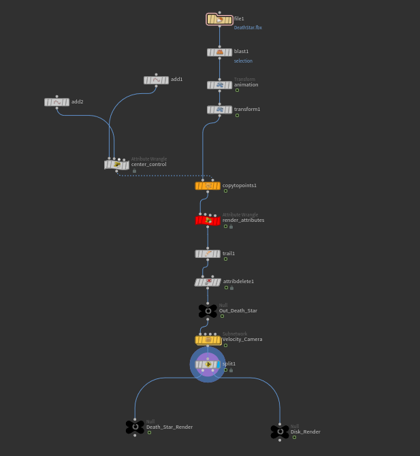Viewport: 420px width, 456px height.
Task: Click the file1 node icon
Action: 219,20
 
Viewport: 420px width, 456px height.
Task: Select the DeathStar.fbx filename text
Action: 248,28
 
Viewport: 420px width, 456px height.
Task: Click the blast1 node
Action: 219,52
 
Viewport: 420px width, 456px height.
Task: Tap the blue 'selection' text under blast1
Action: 243,61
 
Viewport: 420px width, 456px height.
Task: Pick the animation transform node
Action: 219,85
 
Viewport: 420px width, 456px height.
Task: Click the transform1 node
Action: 219,110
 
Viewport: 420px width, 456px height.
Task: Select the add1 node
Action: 156,80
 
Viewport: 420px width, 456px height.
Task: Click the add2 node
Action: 56,103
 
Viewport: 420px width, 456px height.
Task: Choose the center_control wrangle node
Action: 116,165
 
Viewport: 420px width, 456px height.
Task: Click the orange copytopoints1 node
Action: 207,186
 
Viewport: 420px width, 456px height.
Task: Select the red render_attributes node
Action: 208,221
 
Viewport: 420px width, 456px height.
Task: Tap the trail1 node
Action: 207,254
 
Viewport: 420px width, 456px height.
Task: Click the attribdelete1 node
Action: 208,282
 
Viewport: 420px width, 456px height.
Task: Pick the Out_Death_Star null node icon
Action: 208,311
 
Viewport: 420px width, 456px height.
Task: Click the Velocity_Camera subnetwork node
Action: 208,340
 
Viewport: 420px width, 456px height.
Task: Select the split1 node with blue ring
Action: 208,364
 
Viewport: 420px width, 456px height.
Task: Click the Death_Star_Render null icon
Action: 135,427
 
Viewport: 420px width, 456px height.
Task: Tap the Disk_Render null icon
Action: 279,431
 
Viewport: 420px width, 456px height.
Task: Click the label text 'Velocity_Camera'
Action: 242,340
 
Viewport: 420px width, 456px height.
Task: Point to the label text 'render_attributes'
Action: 243,221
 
